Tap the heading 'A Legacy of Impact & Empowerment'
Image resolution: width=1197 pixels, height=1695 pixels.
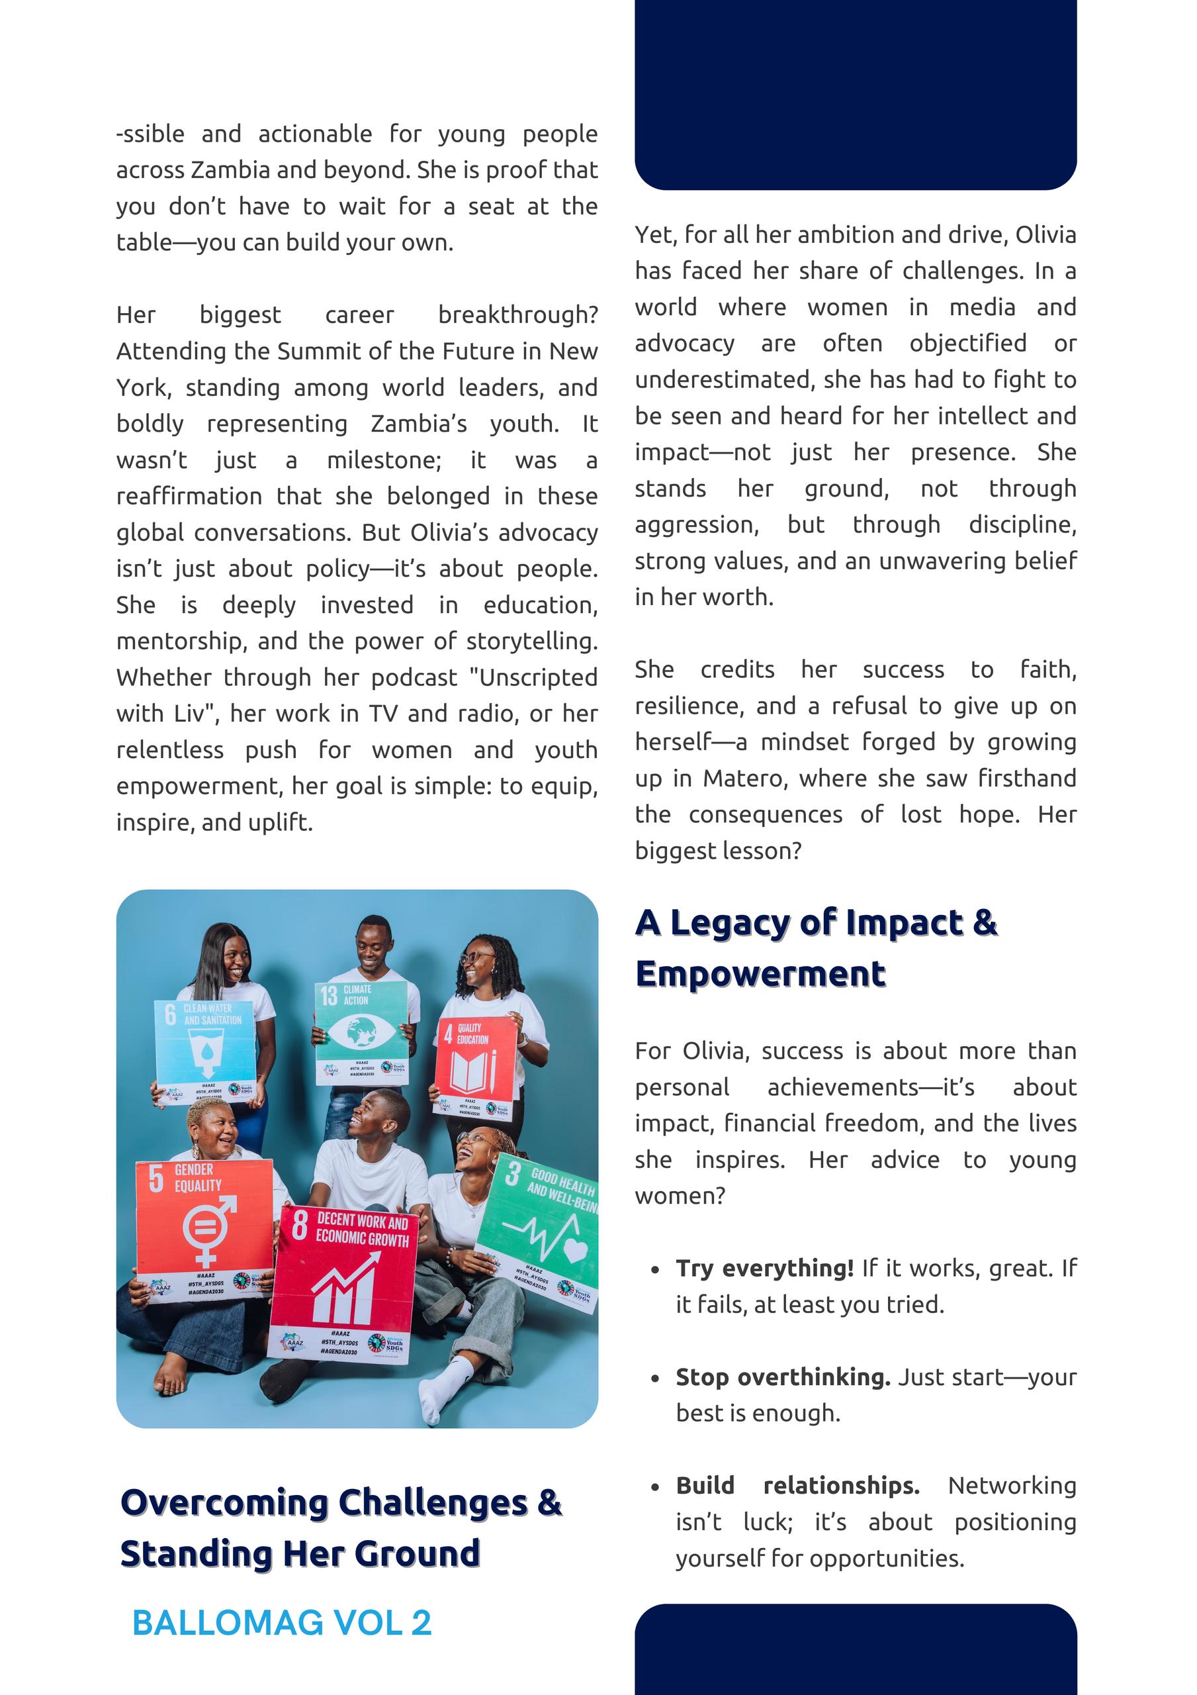click(815, 948)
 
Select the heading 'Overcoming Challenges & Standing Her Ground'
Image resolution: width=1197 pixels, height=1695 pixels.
click(341, 1528)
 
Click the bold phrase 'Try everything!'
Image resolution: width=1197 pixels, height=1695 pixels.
click(764, 1269)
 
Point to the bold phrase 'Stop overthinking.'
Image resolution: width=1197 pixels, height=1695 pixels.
click(783, 1377)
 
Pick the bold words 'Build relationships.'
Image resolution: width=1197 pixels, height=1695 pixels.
click(798, 1485)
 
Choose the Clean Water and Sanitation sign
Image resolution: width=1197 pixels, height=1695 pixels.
click(203, 1048)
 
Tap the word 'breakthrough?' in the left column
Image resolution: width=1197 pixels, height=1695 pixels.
click(517, 315)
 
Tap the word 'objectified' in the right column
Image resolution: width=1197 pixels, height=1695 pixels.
click(967, 343)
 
